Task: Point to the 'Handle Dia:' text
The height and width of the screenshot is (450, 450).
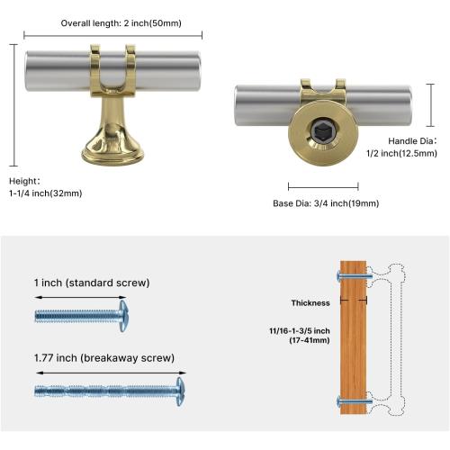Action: (x=412, y=141)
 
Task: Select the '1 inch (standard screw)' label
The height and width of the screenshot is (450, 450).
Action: (x=92, y=283)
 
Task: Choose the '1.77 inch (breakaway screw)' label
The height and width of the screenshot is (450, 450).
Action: (x=104, y=357)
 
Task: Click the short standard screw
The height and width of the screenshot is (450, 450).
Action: (x=81, y=315)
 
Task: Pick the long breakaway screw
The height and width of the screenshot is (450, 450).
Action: (x=108, y=392)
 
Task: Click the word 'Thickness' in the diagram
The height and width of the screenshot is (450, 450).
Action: (x=310, y=303)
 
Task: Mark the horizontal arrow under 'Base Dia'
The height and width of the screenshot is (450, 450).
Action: (x=322, y=187)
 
